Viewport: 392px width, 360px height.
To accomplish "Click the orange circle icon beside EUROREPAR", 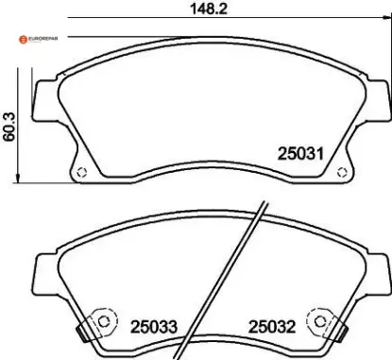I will tap(18, 38).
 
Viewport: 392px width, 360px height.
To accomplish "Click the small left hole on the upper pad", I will tap(82, 173).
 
